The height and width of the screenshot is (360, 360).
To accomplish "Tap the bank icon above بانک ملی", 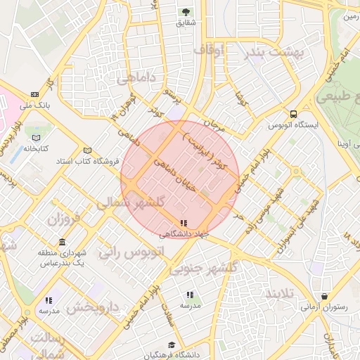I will click(34, 94).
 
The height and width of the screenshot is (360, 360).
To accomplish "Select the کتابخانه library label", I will click(36, 148).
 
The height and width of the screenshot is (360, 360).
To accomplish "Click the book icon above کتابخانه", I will click(37, 138).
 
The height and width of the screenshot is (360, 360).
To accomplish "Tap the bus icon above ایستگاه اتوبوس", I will click(293, 114).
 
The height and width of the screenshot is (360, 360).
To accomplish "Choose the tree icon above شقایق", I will click(186, 12).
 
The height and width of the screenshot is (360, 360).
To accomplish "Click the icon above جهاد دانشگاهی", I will click(184, 223).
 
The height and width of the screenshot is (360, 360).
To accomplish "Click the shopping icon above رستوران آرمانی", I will click(324, 296).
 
